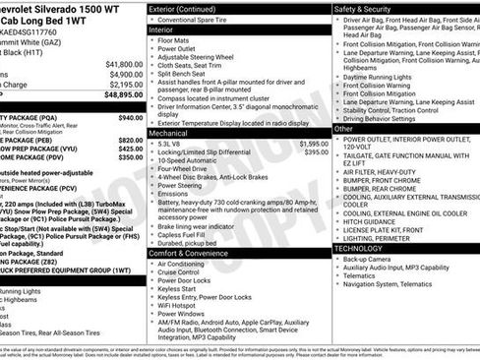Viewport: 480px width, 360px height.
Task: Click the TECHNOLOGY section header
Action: (360, 248)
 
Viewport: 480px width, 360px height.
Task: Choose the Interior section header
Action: (161, 30)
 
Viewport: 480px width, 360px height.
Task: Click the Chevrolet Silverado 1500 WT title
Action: (59, 9)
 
